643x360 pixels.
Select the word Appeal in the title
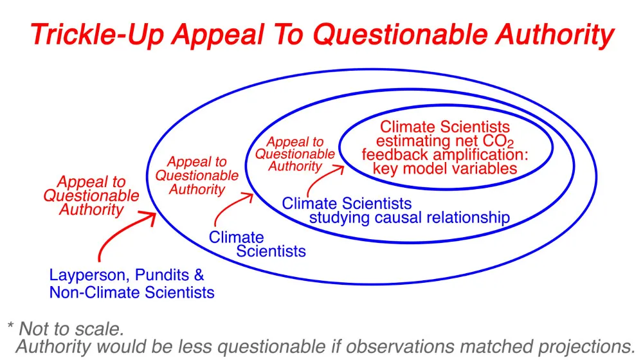click(217, 35)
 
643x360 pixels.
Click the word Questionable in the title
click(401, 35)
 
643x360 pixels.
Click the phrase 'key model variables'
click(445, 168)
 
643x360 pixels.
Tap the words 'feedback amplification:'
click(445, 154)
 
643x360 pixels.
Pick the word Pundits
click(163, 274)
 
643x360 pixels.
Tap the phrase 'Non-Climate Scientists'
click(132, 292)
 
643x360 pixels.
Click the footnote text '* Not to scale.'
click(66, 329)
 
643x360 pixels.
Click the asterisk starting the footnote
click(11, 325)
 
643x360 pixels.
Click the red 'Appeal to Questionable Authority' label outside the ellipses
click(91, 195)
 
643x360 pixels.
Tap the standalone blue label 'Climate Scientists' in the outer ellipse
click(257, 244)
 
